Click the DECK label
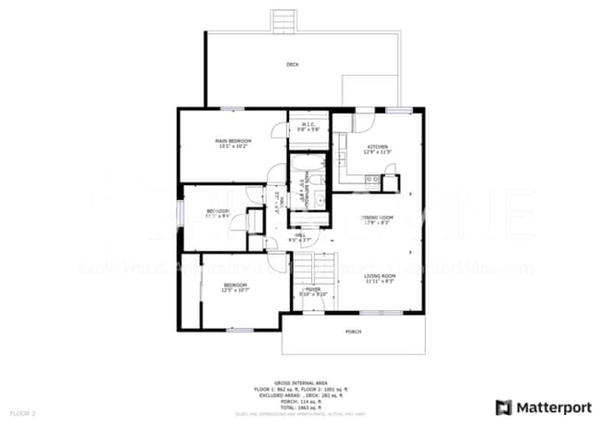pyautogui.click(x=293, y=65)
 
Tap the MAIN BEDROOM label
pyautogui.click(x=234, y=141)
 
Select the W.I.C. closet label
pyautogui.click(x=308, y=126)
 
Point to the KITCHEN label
pyautogui.click(x=378, y=148)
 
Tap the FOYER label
pyautogui.click(x=312, y=290)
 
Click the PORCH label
pyautogui.click(x=353, y=331)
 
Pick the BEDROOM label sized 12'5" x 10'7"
pyautogui.click(x=234, y=286)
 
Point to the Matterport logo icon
pyautogui.click(x=504, y=407)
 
